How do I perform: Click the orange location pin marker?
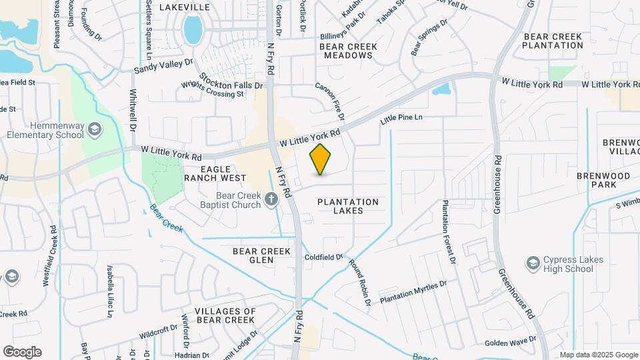(321, 159)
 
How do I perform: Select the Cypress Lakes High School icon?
(533, 263)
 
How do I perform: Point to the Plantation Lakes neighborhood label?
(348, 206)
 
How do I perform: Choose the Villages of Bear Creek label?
(225, 316)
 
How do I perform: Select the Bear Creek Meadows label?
(348, 51)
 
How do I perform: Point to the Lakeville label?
(184, 7)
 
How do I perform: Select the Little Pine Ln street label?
(401, 119)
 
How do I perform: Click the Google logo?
(22, 351)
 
